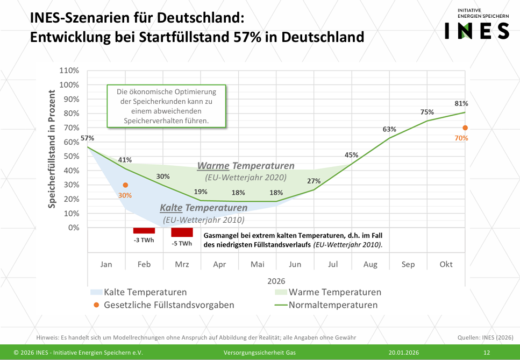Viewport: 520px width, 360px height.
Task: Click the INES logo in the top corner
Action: [476, 25]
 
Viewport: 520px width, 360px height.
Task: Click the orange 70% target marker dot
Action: [465, 128]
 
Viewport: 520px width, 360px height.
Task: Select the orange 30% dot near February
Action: [125, 185]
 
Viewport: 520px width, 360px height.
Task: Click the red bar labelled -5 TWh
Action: [182, 232]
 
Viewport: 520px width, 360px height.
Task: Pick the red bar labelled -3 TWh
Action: [144, 230]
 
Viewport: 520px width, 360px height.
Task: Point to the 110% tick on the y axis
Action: [69, 70]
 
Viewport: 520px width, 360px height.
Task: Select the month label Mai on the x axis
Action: [257, 264]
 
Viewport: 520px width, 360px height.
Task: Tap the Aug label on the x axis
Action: [370, 264]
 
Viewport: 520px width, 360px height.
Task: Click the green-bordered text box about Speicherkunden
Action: [166, 107]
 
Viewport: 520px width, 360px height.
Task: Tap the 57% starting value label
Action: [88, 138]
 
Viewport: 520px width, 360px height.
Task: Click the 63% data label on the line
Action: [389, 129]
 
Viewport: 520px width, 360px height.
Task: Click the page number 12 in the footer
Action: [487, 352]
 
